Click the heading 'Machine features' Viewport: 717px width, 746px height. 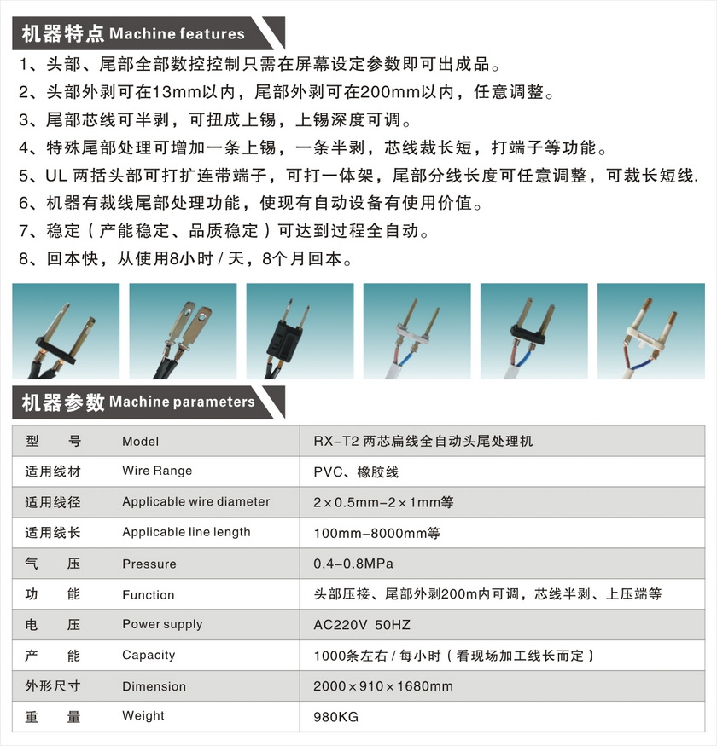tap(178, 34)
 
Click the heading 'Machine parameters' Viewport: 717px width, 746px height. tap(182, 402)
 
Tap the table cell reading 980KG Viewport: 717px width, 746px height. tap(336, 717)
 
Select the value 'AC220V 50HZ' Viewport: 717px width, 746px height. tap(362, 625)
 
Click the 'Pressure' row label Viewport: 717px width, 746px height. tap(149, 564)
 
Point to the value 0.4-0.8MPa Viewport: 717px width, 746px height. tap(353, 564)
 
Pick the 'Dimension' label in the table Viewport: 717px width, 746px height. tap(154, 686)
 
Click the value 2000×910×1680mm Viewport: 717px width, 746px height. tap(383, 686)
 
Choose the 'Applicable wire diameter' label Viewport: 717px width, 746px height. tap(195, 501)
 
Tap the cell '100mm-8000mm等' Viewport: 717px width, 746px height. tap(376, 533)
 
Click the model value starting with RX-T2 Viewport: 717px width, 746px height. tap(423, 441)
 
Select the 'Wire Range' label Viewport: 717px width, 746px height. tap(157, 471)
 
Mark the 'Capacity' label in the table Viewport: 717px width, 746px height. tap(149, 656)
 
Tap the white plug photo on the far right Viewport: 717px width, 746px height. tap(650, 331)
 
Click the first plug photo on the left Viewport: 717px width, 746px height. tap(67, 331)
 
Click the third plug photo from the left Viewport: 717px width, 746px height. tap(300, 331)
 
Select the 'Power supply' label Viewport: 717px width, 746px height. tap(162, 624)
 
